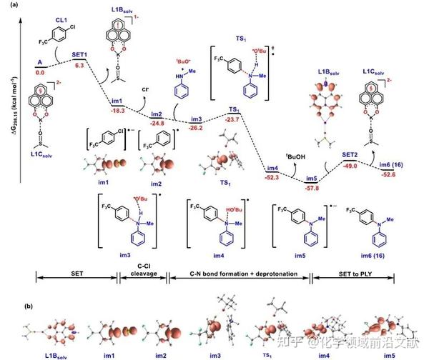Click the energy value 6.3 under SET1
(x=80, y=65)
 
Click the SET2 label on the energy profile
(x=348, y=154)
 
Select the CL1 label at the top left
(x=72, y=9)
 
